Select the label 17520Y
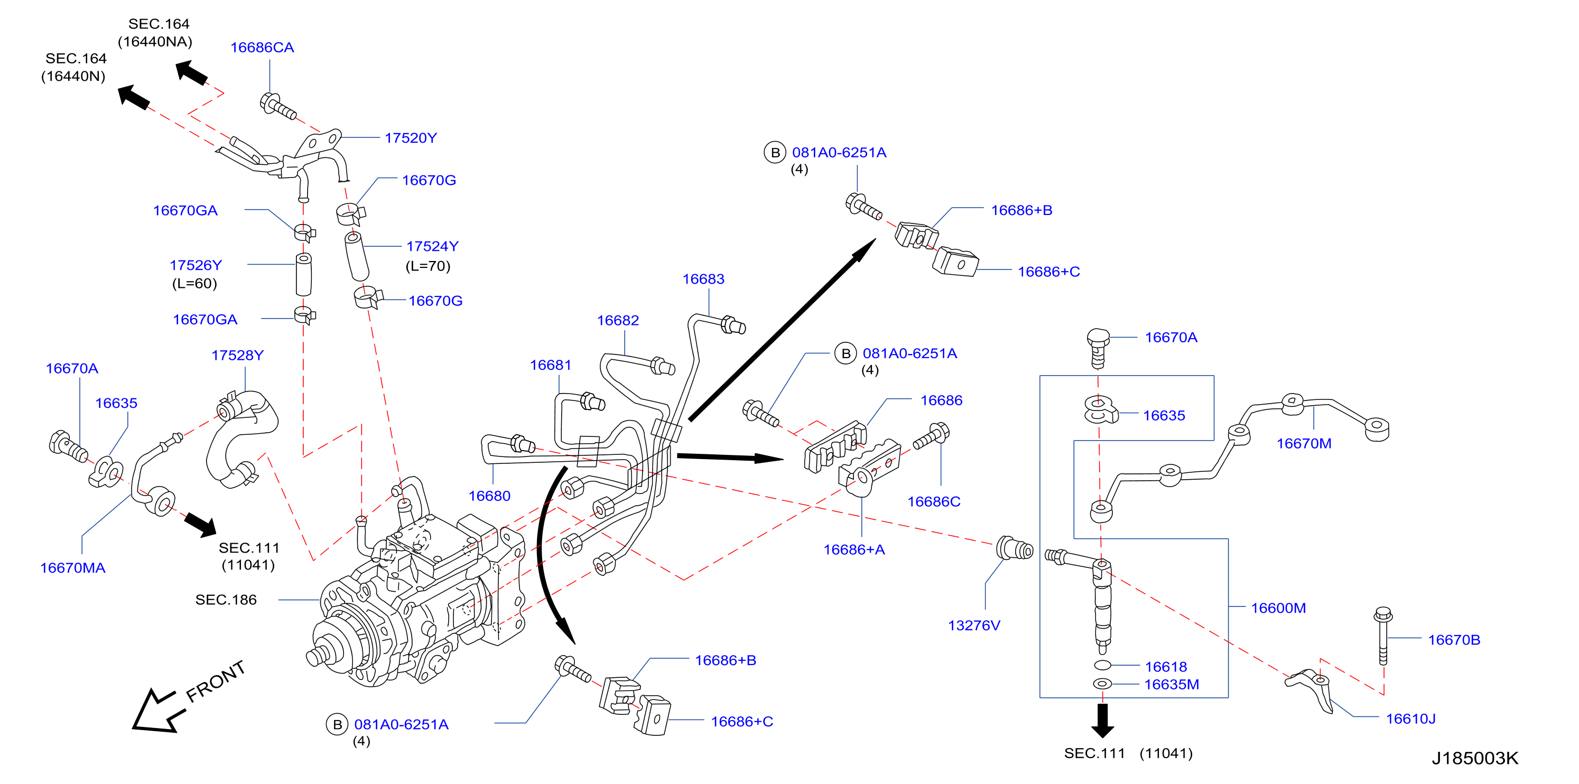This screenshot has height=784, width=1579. click(411, 138)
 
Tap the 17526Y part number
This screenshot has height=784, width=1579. click(196, 265)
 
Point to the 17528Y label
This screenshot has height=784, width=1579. click(237, 355)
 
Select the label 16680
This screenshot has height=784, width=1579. click(489, 496)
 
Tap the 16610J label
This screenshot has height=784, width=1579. click(1410, 718)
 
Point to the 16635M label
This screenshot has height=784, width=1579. click(1172, 684)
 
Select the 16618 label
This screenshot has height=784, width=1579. click(1166, 667)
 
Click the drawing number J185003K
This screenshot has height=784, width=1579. click(1475, 758)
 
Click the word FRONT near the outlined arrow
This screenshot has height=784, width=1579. click(216, 682)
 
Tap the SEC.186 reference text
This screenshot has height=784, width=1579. click(226, 600)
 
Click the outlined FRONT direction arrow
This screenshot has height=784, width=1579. click(159, 711)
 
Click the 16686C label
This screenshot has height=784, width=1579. click(934, 501)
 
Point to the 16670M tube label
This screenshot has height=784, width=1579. click(1304, 443)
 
